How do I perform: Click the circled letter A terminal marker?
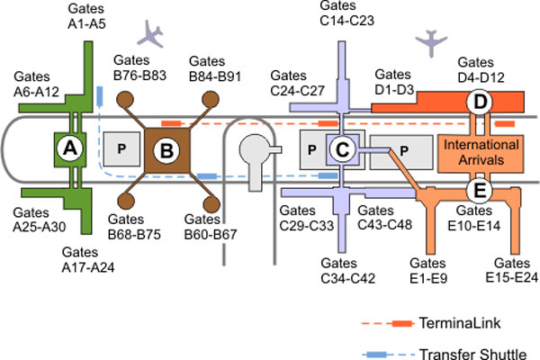[x=66, y=148]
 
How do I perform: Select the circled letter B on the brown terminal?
[x=166, y=150]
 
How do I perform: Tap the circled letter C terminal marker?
[x=341, y=148]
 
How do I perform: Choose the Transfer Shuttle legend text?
[x=485, y=354]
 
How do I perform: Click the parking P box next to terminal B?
[x=121, y=149]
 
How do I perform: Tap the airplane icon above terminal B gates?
[x=150, y=35]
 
